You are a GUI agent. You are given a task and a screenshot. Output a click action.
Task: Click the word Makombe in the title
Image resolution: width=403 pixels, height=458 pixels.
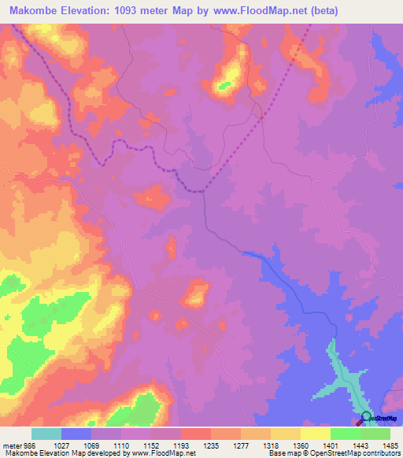tap(34, 9)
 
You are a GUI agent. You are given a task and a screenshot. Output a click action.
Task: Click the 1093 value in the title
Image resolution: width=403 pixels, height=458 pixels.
tap(131, 9)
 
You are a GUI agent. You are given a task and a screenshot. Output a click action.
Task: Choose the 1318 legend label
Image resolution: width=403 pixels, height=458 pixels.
tap(271, 445)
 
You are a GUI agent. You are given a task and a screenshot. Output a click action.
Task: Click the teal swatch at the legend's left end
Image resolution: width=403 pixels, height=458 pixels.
tap(46, 434)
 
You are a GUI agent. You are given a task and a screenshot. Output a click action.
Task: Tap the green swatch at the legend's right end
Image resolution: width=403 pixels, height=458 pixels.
tap(375, 434)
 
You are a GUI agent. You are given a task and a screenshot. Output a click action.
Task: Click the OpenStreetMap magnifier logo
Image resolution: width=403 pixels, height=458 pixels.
tap(365, 418)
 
